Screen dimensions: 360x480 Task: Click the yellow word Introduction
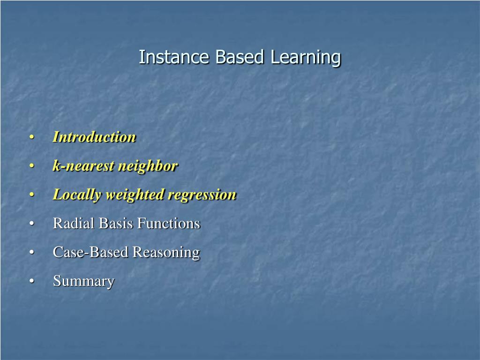point(94,137)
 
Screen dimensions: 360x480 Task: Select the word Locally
point(77,195)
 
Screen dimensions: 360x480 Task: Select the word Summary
point(83,281)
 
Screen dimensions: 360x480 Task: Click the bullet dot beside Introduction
point(31,137)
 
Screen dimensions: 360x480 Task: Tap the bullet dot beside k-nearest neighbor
point(31,166)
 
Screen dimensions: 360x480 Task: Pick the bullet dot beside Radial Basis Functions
point(31,224)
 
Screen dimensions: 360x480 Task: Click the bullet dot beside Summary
point(31,281)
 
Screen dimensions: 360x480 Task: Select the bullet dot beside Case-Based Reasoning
point(31,253)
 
